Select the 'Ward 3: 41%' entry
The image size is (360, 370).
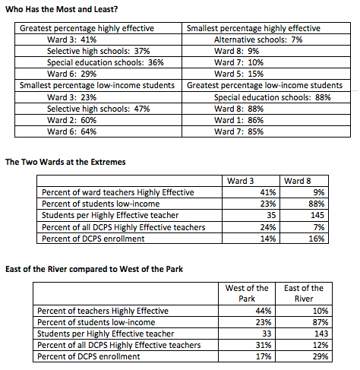click(71, 39)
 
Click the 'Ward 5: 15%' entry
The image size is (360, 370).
click(239, 74)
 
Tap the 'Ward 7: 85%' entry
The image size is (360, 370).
click(239, 131)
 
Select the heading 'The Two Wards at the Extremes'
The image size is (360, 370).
click(65, 162)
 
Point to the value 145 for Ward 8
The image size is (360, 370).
click(316, 215)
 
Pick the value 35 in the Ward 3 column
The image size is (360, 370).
click(269, 215)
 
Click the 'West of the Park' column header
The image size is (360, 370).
click(246, 293)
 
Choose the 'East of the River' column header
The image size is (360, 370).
click(304, 293)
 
